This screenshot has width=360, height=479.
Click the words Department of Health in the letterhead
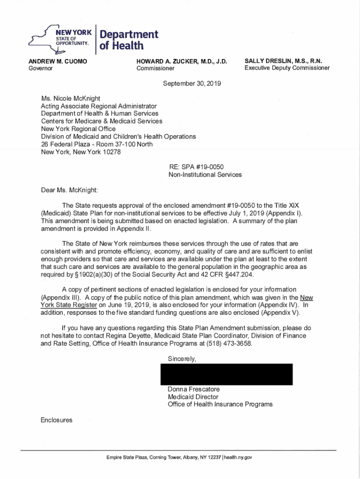(x=126, y=40)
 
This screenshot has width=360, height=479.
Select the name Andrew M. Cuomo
(x=58, y=61)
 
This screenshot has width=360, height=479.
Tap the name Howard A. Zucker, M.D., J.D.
(x=181, y=61)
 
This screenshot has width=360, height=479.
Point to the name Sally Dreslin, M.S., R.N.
(x=283, y=61)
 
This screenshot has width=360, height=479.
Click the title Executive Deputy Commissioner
(x=287, y=68)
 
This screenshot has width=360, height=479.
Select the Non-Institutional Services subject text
(x=205, y=174)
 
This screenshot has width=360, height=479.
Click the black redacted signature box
(x=226, y=374)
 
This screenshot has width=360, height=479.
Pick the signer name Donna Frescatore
(x=193, y=389)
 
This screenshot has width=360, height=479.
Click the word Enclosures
(x=57, y=420)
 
